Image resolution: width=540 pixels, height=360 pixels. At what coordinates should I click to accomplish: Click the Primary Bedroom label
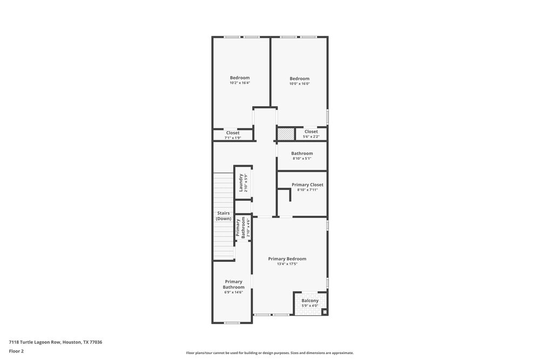coord(287,259)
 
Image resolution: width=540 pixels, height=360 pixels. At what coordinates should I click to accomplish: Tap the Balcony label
coord(310,301)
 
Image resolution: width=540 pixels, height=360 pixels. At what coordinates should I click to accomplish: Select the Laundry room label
coord(241,182)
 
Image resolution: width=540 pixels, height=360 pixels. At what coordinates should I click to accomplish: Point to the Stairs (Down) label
coord(224,216)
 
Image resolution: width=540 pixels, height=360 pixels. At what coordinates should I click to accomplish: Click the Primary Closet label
coord(307,185)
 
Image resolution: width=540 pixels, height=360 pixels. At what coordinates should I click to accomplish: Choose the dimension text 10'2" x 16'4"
coord(240,83)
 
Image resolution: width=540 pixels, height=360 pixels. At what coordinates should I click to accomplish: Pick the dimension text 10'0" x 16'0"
coord(299,84)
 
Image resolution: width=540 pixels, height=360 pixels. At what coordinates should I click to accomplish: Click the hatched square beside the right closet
coord(285,133)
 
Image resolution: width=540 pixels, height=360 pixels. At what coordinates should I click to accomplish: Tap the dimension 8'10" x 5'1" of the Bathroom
coord(302,158)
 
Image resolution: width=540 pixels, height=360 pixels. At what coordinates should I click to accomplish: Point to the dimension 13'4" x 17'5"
coord(287,264)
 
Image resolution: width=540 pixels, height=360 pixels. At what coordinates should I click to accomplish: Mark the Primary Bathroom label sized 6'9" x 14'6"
coord(233,284)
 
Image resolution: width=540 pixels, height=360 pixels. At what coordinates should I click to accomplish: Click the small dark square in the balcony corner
coord(324,311)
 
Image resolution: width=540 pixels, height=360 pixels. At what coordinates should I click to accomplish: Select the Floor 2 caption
coord(16,351)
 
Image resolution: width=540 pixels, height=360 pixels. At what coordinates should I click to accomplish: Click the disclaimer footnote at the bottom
coord(270,353)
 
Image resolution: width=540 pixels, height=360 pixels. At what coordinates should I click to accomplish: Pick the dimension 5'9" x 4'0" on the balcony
coord(310,306)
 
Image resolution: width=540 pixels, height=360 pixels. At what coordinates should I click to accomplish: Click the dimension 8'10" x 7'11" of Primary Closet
coord(307,190)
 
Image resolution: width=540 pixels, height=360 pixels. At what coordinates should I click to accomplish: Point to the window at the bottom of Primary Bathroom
coord(232,323)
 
